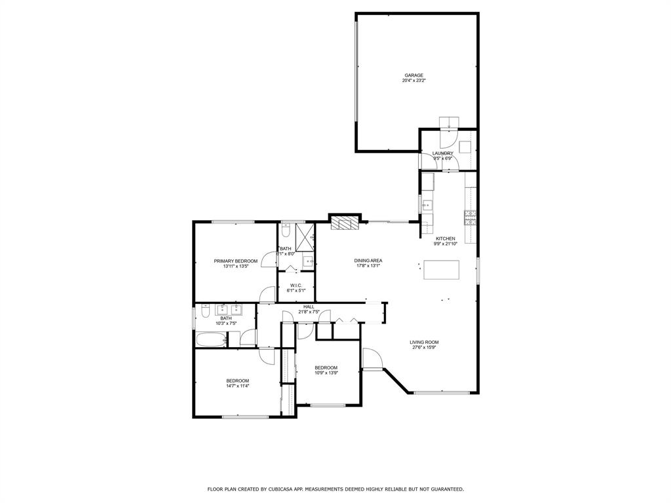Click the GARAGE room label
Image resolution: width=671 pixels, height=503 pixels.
tap(413, 75)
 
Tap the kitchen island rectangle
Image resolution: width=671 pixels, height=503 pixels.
tap(441, 270)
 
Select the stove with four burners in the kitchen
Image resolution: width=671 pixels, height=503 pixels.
tap(470, 217)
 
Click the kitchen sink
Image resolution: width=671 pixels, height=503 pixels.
tap(427, 204)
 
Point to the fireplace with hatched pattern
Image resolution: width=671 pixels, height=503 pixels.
tap(345, 223)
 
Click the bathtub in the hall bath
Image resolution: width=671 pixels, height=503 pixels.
tap(211, 339)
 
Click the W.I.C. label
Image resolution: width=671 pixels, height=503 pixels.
tap(296, 284)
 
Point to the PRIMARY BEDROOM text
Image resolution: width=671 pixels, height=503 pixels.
tap(235, 261)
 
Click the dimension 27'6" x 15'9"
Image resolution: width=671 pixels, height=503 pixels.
tap(424, 348)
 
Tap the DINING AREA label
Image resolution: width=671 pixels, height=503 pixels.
tap(368, 260)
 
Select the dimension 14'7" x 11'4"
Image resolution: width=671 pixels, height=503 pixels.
tap(237, 386)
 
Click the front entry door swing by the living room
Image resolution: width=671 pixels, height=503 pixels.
tap(372, 359)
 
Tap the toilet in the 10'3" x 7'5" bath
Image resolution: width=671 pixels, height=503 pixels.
tap(205, 314)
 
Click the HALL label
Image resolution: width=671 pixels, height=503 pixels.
tap(309, 307)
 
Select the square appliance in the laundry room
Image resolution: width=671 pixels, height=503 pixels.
tap(465, 147)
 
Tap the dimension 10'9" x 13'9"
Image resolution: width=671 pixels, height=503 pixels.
tap(326, 373)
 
